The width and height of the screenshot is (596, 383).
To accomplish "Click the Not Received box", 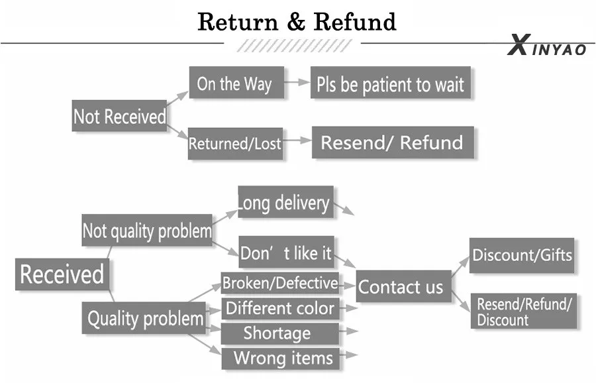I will coord(119,117).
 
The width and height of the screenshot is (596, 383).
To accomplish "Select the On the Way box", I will coord(234,83).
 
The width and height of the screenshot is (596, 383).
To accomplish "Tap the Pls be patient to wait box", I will coord(390,83).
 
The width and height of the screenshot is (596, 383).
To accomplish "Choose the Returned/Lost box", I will coord(235,143).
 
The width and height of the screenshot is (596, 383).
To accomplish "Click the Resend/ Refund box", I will coord(392,142).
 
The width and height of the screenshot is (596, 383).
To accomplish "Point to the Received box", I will coord(62,274).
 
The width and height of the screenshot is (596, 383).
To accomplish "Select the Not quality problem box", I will coord(147,231).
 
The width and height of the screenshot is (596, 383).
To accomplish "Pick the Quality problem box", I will coord(145,319).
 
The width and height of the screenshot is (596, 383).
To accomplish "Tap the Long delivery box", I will coord(285,203).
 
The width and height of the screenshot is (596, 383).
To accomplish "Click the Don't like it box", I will coord(286,252).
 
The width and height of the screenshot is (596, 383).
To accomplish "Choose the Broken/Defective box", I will coord(280,283).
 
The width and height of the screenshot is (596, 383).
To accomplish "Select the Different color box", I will coord(280,308).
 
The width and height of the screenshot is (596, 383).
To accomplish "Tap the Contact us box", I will coord(401,287).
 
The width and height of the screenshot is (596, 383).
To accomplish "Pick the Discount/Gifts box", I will coord(522,255).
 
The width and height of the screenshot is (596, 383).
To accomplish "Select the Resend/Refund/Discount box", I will coord(523,311).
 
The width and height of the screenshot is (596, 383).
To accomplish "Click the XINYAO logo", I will coord(547,48).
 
